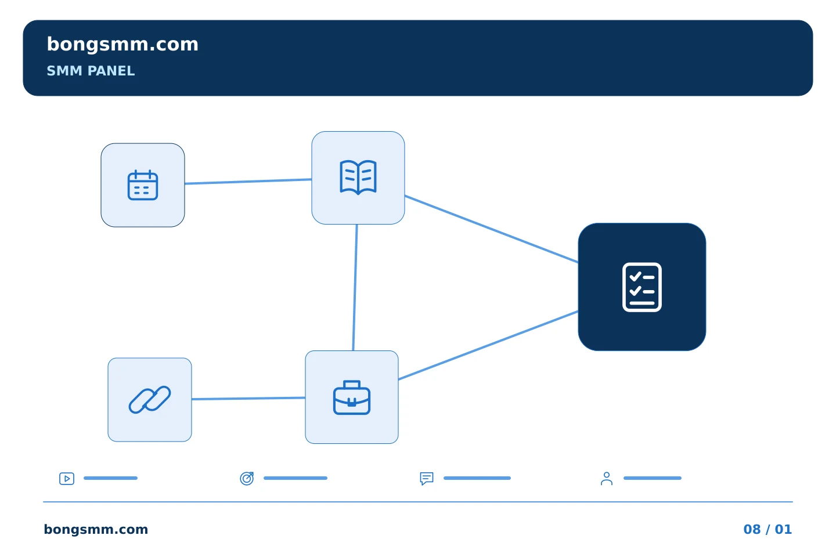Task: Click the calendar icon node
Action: (143, 185)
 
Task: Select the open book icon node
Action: (358, 178)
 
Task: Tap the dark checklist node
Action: (642, 287)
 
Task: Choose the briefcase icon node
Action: (352, 397)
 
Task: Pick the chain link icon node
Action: (150, 400)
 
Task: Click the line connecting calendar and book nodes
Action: (248, 181)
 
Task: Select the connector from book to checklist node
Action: (492, 229)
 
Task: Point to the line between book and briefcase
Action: (355, 287)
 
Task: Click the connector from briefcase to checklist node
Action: (488, 345)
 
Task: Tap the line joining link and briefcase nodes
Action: (248, 399)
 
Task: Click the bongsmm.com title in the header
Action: (122, 45)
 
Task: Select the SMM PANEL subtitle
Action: (91, 71)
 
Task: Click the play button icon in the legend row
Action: (67, 478)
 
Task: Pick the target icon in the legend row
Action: (247, 478)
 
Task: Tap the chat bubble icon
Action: (427, 478)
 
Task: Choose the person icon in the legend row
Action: (607, 478)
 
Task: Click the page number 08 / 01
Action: (767, 529)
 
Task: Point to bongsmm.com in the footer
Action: (96, 529)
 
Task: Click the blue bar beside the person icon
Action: (653, 478)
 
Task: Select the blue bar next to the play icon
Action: (110, 478)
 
